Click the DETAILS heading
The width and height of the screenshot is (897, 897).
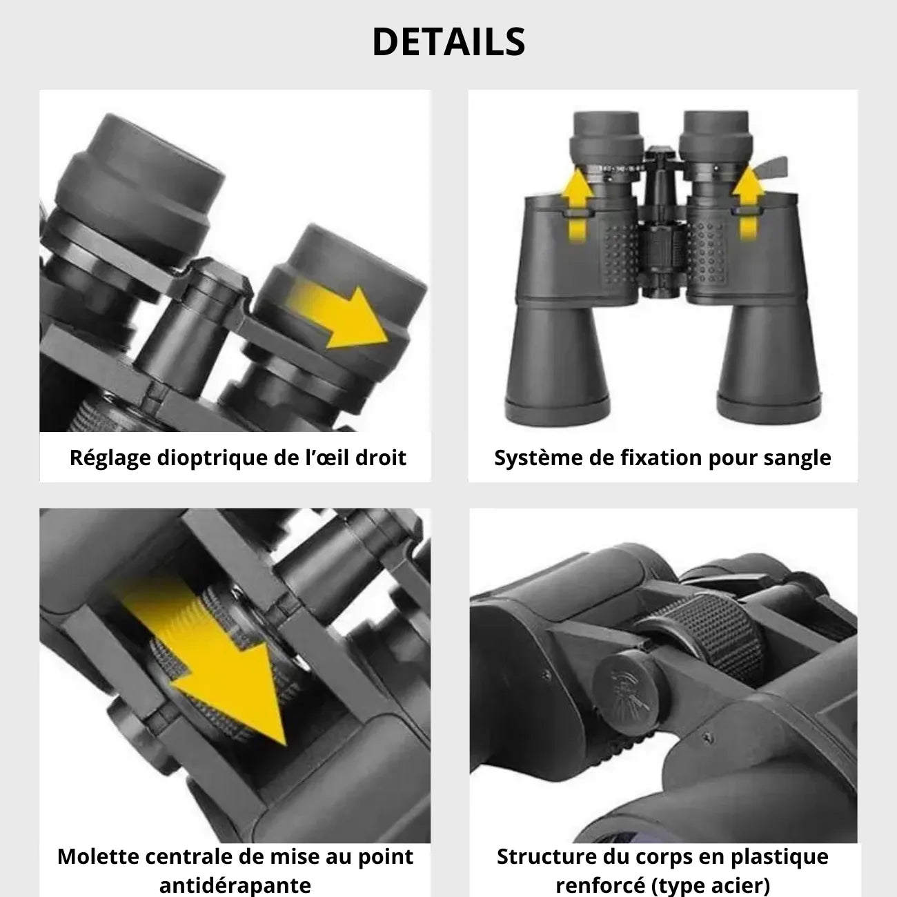(448, 42)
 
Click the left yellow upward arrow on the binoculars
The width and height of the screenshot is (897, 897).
(578, 205)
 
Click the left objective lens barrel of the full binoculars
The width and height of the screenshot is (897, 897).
(558, 363)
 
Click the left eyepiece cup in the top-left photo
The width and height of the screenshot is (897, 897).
(142, 181)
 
